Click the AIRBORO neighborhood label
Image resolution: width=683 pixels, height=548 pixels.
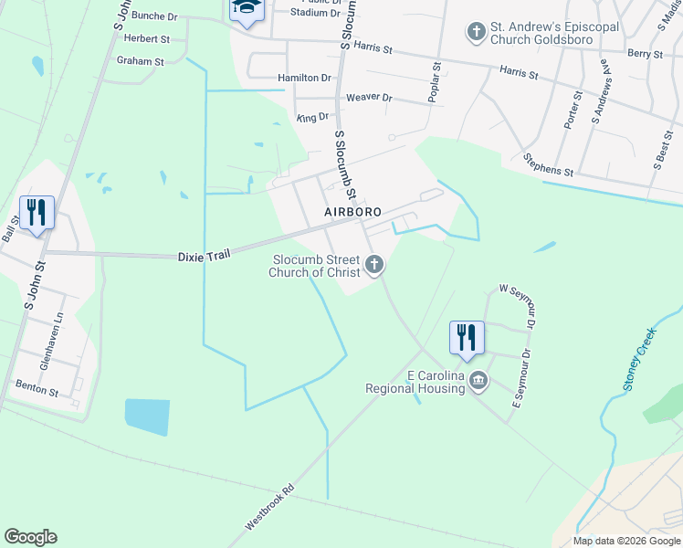point(353,212)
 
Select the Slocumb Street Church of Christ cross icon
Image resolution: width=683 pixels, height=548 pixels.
point(373,266)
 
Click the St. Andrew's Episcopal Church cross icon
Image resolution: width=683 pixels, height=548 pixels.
point(475,33)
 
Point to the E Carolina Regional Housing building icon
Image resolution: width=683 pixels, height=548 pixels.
point(478,381)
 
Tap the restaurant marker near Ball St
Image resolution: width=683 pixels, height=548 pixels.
point(37,213)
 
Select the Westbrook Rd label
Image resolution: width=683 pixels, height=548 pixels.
point(271,507)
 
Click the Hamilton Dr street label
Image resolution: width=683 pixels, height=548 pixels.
point(304,79)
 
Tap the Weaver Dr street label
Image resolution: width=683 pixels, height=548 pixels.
point(369,98)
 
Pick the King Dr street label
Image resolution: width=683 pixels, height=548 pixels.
point(312,118)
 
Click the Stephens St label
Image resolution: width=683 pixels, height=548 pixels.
point(548,165)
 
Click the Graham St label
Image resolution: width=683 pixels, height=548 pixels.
point(140,62)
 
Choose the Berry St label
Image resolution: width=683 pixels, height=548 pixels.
point(645,55)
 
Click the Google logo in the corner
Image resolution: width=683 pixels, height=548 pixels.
point(30,537)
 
